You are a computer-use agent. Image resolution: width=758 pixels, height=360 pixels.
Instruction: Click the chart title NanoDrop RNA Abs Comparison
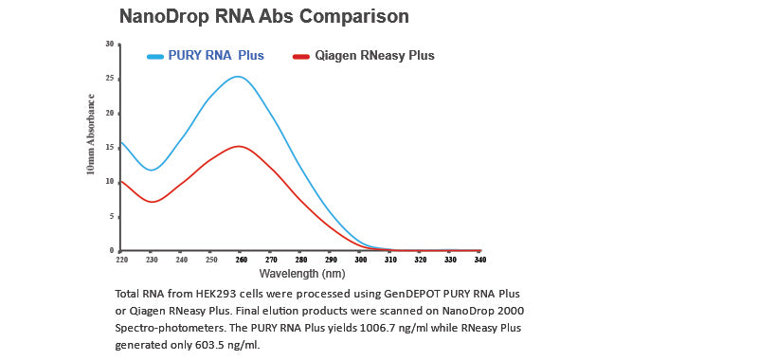coord(263,16)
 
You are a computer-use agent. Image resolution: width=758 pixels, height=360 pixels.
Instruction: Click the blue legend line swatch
coord(155,57)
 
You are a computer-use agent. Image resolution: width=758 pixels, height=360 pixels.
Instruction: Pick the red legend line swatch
coord(301,57)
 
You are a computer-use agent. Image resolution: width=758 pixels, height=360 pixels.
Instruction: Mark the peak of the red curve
coord(240,146)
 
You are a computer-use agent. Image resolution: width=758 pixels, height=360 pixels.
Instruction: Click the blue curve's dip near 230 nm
coord(152,170)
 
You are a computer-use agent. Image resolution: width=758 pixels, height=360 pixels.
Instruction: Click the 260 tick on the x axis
coord(242,259)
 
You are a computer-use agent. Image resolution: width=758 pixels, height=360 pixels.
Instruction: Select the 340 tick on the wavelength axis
coord(480,259)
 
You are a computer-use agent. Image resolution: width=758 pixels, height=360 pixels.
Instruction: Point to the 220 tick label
coord(121,259)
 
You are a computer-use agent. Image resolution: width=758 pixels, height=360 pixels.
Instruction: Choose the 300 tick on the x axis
coord(361,259)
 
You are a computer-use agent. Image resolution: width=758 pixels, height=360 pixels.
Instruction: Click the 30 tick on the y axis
coord(111,45)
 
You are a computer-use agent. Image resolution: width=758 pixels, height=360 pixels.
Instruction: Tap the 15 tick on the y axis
coord(111,148)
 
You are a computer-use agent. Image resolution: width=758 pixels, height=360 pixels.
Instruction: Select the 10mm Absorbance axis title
coord(91,134)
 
